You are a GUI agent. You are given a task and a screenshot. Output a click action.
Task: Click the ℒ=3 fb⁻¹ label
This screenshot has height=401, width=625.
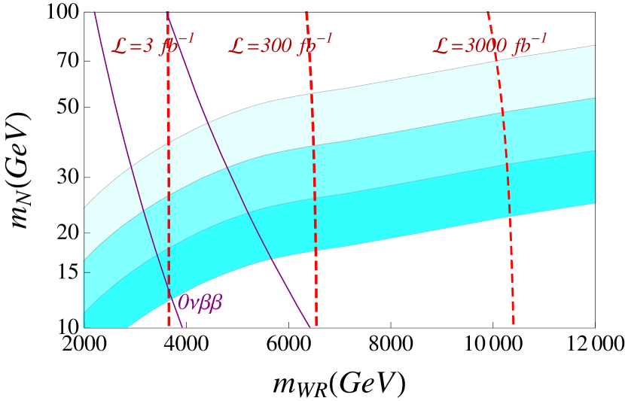(x=152, y=45)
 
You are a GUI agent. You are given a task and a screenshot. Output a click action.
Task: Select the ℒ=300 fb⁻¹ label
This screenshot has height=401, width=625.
(x=279, y=45)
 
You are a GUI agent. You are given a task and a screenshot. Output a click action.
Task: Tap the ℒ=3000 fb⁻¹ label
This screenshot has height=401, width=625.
(x=489, y=45)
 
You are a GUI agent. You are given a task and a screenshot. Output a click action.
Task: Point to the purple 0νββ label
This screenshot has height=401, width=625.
(x=200, y=303)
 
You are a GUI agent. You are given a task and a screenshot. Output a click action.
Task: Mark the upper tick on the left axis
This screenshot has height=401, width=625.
(x=87, y=232)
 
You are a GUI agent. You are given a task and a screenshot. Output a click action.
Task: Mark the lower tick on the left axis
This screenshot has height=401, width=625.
(x=87, y=272)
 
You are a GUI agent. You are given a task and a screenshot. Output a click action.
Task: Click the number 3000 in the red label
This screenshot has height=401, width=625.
(x=486, y=47)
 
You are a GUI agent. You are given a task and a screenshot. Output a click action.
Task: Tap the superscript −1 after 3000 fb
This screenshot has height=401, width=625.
(x=539, y=38)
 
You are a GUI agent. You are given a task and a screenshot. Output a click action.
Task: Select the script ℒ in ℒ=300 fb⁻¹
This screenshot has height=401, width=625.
(x=236, y=47)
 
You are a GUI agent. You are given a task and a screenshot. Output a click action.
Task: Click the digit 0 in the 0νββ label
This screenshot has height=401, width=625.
(x=182, y=303)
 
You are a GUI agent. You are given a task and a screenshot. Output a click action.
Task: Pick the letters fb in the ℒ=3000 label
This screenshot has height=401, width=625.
(x=521, y=47)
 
